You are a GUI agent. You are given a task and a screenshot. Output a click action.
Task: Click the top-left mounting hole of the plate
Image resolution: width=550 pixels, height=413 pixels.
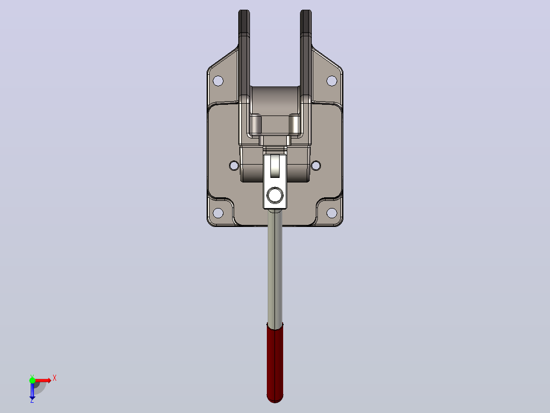218,81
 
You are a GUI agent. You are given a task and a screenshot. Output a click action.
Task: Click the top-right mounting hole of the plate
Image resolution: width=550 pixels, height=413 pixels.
332,81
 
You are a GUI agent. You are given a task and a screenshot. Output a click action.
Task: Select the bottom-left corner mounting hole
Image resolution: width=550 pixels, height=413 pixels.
218,213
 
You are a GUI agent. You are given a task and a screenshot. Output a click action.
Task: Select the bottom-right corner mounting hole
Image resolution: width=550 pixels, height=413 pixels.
332,213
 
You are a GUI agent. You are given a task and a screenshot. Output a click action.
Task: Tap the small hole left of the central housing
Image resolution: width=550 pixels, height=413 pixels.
234,166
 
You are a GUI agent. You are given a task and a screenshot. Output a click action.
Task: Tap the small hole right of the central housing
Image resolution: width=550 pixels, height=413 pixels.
316,166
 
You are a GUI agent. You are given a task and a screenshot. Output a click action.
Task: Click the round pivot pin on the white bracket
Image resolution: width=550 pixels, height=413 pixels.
275,195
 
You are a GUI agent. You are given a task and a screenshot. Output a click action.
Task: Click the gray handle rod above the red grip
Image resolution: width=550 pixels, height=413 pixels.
275,267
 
